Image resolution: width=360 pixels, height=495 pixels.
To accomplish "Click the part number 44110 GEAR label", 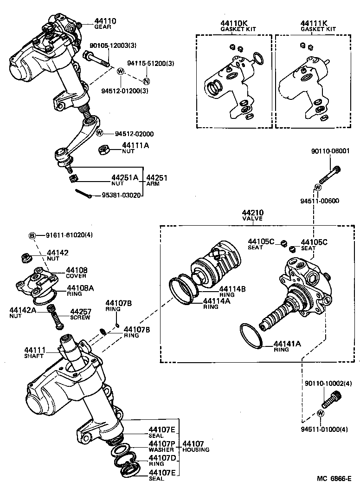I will click(x=105, y=24).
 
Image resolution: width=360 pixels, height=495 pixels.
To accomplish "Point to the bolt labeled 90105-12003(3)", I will click(x=96, y=59).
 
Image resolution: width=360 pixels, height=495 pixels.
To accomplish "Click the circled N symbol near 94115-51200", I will click(x=146, y=81).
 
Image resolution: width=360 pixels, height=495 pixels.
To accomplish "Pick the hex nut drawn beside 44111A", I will click(x=104, y=150).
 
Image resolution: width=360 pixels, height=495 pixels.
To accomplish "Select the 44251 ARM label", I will click(x=157, y=180).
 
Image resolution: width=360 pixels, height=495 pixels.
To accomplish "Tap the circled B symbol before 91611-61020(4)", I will click(x=32, y=235).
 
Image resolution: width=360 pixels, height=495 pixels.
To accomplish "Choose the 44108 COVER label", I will click(x=77, y=272).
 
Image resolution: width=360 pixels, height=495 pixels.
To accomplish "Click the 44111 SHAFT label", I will click(x=35, y=352).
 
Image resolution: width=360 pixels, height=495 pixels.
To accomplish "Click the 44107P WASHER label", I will click(x=161, y=446).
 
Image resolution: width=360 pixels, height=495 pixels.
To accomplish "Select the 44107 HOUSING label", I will click(x=195, y=446).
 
